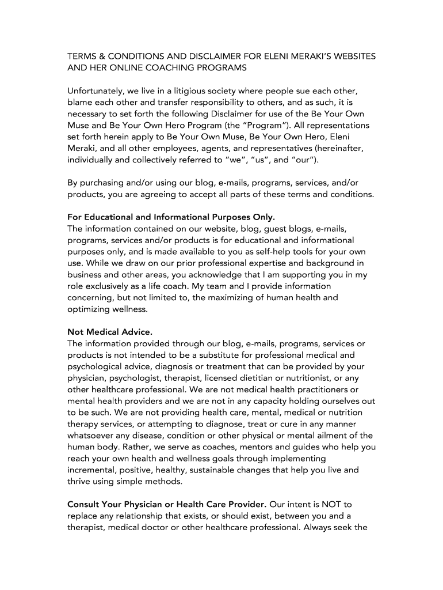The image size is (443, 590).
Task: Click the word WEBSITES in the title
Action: (350, 56)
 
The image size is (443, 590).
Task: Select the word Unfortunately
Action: (94, 91)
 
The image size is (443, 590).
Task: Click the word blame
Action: (80, 103)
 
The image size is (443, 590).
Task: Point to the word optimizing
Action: (91, 309)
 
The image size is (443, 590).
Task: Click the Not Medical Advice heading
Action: (110, 332)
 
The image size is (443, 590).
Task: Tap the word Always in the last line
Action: (320, 527)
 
